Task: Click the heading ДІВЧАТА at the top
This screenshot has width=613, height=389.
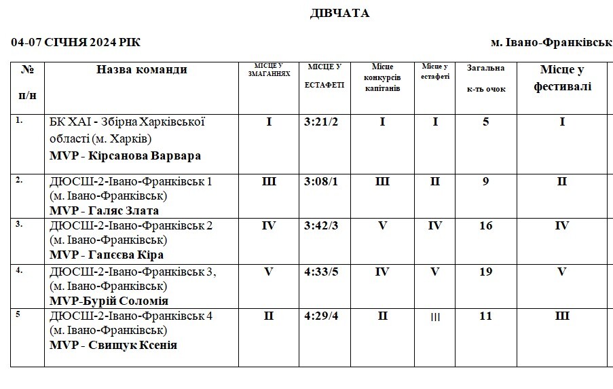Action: pyautogui.click(x=340, y=14)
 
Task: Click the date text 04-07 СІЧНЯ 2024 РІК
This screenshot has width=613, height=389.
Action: pyautogui.click(x=75, y=42)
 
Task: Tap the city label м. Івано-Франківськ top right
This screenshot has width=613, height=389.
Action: pyautogui.click(x=551, y=42)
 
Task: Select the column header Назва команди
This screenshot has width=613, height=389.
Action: pyautogui.click(x=141, y=69)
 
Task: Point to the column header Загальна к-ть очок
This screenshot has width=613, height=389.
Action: pyautogui.click(x=486, y=78)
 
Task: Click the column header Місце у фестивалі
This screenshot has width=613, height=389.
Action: pyautogui.click(x=562, y=78)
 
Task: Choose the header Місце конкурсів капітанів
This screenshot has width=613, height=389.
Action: pyautogui.click(x=382, y=77)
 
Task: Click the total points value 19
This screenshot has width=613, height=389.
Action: pyautogui.click(x=486, y=272)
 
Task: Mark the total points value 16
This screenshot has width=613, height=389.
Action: pyautogui.click(x=486, y=226)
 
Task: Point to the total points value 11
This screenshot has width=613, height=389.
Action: pyautogui.click(x=486, y=316)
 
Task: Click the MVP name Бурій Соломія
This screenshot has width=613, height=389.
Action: pyautogui.click(x=129, y=301)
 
